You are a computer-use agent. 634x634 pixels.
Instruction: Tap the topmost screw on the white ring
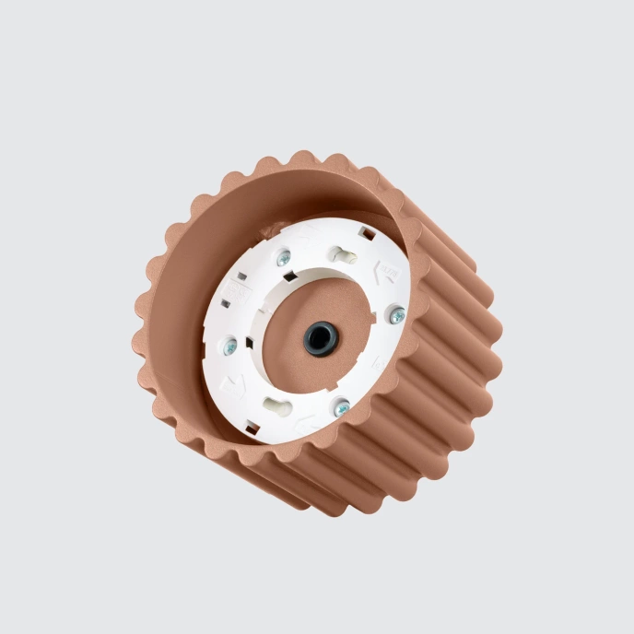tap(284, 259)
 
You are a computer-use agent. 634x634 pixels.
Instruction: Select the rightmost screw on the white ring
tap(396, 315)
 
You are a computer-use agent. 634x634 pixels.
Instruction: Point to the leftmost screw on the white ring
tap(229, 346)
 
